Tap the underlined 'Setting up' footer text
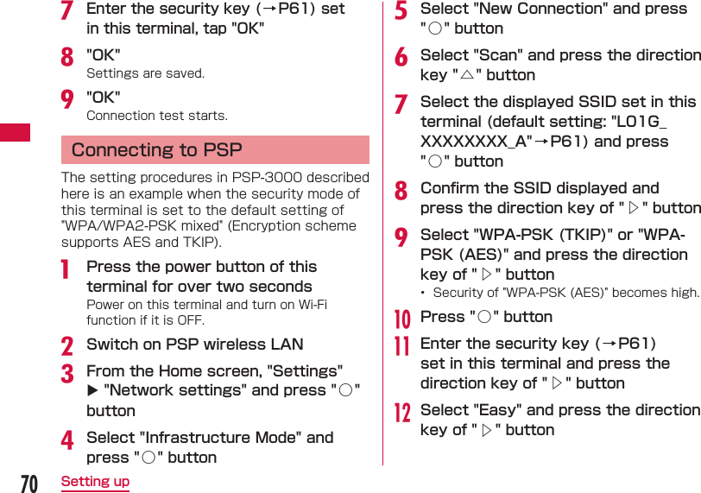coord(95,481)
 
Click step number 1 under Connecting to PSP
coord(66,270)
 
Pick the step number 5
coord(401,12)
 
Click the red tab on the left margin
coord(15,132)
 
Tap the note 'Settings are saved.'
coord(145,73)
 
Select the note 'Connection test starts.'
coord(157,115)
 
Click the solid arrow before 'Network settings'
coord(92,391)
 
